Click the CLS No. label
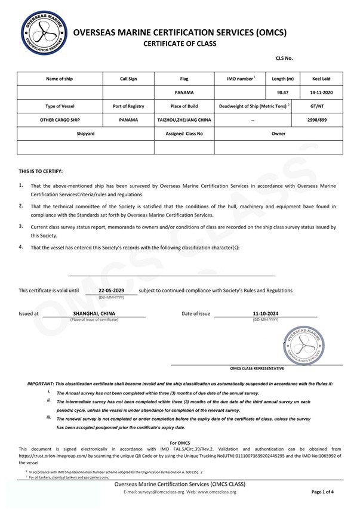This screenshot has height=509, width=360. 284,58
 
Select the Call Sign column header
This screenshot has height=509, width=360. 128,79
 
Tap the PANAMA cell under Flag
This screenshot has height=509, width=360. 184,92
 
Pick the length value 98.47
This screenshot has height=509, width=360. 282,92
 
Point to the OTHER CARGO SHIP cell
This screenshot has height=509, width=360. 60,120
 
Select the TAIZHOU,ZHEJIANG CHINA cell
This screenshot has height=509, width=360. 184,120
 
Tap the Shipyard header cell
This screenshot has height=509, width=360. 85,134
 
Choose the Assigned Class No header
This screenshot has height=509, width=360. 184,134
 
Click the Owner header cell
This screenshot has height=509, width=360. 278,134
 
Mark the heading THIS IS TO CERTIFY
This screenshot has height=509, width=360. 41,171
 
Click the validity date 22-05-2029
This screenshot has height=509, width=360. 111,290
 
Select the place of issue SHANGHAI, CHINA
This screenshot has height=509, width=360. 94,313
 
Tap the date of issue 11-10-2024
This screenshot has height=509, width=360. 265,313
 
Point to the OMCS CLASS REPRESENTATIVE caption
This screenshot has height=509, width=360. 257,369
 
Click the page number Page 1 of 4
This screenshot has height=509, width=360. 323,492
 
